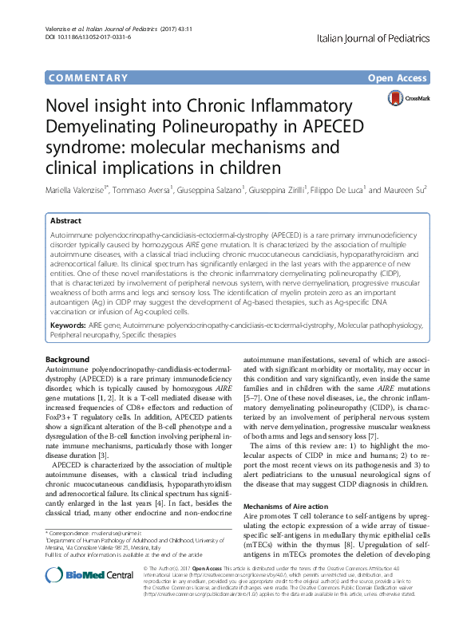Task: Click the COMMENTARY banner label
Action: pyautogui.click(x=88, y=77)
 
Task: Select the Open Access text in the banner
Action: pyautogui.click(x=398, y=77)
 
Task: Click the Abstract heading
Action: pyautogui.click(x=65, y=220)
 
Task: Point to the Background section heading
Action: pyautogui.click(x=68, y=361)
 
